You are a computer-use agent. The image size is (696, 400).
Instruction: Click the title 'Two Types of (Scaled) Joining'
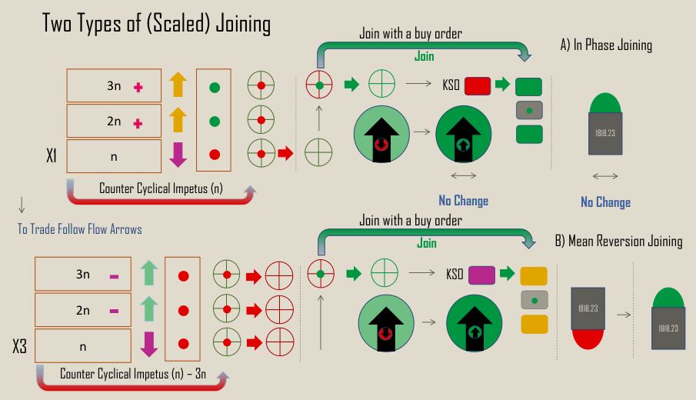click(x=156, y=24)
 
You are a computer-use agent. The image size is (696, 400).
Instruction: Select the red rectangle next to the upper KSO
click(x=478, y=85)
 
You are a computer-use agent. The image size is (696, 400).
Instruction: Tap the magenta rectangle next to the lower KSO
click(x=481, y=274)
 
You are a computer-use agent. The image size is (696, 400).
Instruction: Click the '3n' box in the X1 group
click(x=114, y=86)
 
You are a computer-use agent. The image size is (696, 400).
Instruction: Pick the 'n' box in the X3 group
click(x=83, y=345)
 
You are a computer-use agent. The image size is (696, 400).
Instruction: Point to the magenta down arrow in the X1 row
click(x=178, y=155)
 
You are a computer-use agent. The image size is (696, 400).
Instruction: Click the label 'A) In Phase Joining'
click(x=606, y=45)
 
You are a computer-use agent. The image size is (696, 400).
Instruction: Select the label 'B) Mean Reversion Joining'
click(x=619, y=241)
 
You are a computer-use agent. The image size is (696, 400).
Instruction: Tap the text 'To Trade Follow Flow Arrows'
click(x=80, y=228)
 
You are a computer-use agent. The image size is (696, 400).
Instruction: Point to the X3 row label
click(x=20, y=347)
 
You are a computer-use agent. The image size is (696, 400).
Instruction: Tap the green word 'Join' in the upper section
click(x=425, y=56)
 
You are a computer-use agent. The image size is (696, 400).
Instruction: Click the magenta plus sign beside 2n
click(x=138, y=122)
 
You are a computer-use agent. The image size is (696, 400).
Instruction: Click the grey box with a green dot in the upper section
click(x=529, y=111)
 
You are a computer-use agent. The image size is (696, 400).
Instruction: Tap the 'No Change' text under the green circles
click(x=463, y=201)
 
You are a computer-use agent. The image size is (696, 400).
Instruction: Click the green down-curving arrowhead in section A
click(x=524, y=56)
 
